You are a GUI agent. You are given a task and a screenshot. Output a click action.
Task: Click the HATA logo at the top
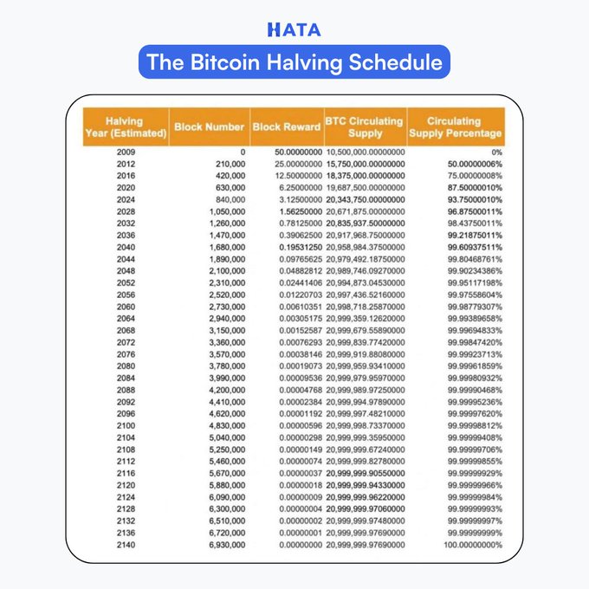tap(294, 29)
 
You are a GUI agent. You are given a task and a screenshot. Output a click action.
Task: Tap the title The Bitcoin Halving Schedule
tap(294, 62)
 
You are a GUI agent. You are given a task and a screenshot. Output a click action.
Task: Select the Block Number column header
tap(209, 126)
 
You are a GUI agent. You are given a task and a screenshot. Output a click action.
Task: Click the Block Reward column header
tap(286, 126)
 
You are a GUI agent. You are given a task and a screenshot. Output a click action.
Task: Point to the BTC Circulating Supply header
tap(364, 126)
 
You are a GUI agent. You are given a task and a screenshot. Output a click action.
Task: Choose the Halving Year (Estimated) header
tap(125, 126)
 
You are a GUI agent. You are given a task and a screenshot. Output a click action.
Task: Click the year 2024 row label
tap(125, 199)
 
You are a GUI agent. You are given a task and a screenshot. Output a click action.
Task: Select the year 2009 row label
tap(125, 152)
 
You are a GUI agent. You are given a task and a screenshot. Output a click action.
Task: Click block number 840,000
tap(228, 199)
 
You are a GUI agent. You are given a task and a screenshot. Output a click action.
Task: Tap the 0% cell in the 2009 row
tap(495, 152)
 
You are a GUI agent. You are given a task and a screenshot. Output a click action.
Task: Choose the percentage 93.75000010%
tap(470, 199)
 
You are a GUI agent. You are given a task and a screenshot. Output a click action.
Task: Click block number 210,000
tap(228, 164)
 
